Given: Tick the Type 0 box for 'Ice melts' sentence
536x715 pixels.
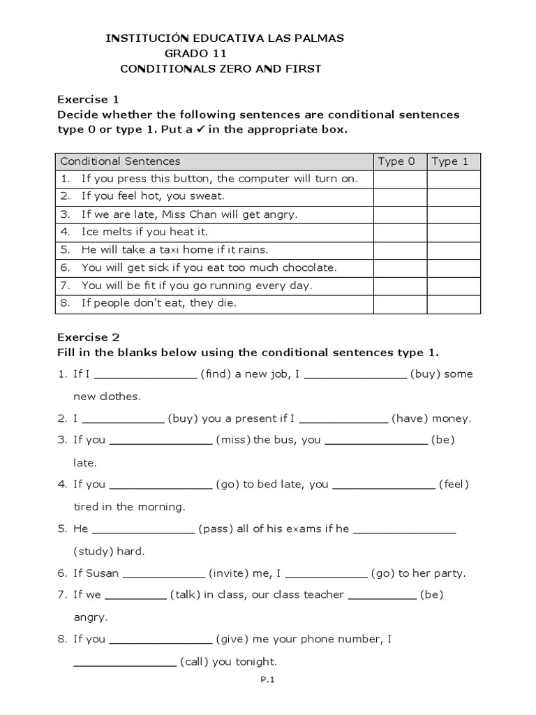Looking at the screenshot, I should pos(400,232).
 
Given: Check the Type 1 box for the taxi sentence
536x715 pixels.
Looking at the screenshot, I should pos(454,249).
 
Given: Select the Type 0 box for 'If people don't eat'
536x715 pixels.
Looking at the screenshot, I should pos(400,302).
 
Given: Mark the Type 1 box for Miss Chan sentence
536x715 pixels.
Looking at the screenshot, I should pos(454,214).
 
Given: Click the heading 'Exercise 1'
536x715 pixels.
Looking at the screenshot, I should pos(83,99).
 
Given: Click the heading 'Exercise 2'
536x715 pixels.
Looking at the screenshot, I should pos(83,337).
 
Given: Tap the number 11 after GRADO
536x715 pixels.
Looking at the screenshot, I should pos(220,54).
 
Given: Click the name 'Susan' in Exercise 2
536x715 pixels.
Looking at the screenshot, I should pos(103,574).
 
